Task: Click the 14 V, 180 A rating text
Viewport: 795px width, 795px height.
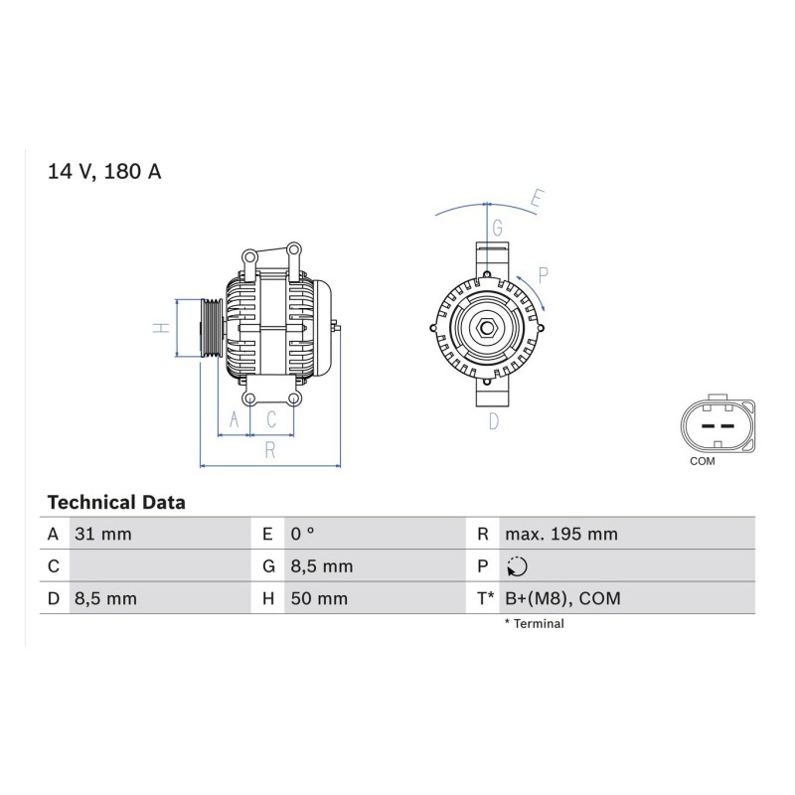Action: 104,171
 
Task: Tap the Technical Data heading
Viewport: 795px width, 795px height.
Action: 116,503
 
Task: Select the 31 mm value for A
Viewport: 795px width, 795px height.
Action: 103,534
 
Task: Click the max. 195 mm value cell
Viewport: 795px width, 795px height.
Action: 561,534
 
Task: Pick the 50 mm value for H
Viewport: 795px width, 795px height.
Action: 319,598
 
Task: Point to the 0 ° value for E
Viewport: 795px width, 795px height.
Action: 303,534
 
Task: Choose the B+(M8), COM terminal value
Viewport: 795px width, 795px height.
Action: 562,598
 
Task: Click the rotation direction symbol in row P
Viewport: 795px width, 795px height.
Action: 517,566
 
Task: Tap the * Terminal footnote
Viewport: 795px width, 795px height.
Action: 534,624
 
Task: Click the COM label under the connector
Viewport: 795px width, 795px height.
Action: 703,461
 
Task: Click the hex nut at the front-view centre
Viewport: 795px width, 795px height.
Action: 487,328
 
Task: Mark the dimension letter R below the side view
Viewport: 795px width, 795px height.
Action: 270,450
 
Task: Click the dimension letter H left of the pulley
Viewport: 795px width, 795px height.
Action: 161,328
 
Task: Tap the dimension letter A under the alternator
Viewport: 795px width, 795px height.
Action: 234,419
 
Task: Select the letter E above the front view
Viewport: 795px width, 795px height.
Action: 538,198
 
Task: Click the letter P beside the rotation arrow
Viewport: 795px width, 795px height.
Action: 543,276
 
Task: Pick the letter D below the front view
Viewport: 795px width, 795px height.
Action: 494,421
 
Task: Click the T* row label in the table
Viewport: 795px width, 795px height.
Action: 485,598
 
